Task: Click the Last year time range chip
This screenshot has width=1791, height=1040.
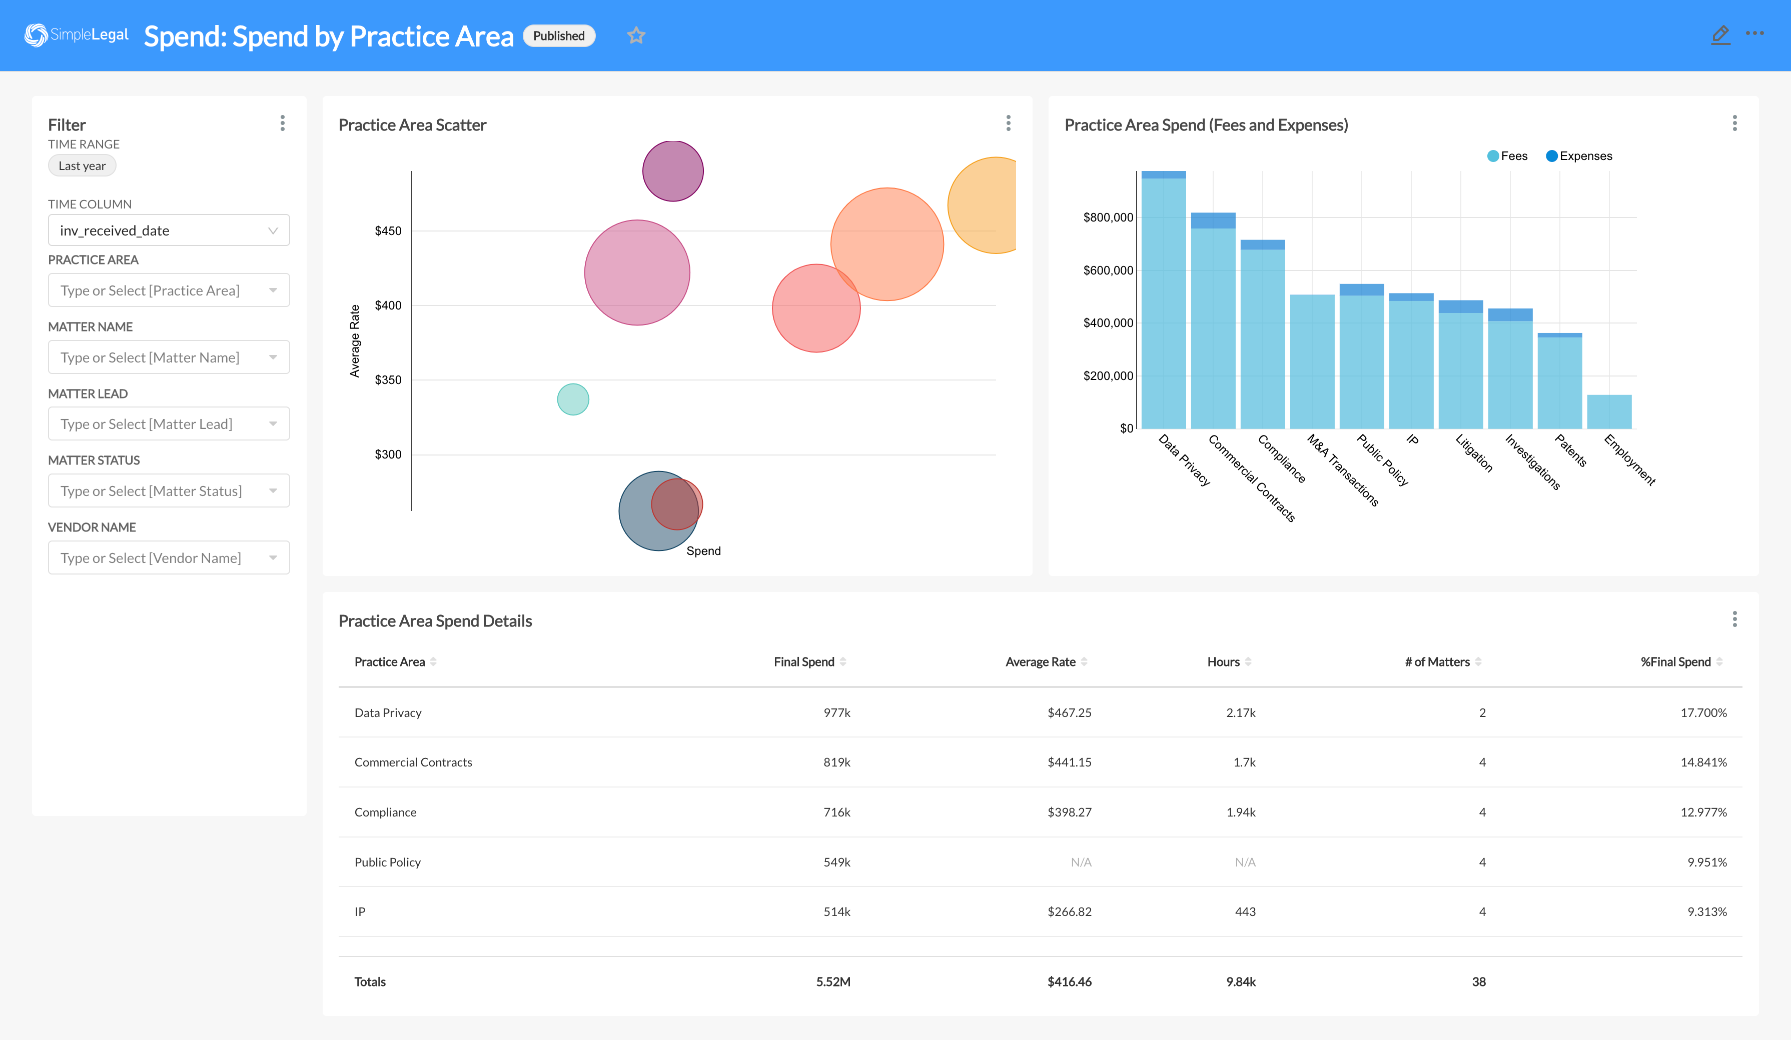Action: [82, 165]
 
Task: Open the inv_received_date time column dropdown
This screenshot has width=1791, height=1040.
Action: [169, 230]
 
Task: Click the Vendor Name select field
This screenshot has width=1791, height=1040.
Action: [169, 557]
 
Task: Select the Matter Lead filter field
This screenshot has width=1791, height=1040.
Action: [169, 424]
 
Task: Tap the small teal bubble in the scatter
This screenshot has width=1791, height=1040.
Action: [573, 399]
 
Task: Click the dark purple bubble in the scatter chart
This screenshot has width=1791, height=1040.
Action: [672, 171]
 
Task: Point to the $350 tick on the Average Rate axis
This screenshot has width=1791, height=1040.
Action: [388, 380]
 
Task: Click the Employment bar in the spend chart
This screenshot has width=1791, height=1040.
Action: [1609, 412]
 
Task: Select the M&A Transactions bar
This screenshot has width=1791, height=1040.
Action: [1312, 362]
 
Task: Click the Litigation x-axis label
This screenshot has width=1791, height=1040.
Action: [1474, 452]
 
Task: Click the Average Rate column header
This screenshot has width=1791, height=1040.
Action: [1041, 662]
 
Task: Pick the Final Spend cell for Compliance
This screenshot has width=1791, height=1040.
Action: [836, 812]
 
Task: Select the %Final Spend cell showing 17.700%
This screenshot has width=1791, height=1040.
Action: [1703, 712]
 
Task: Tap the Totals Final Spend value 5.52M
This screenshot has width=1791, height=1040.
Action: [833, 981]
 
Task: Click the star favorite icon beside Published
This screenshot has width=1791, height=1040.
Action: [636, 35]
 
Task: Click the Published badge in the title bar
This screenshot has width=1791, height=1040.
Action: [559, 36]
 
